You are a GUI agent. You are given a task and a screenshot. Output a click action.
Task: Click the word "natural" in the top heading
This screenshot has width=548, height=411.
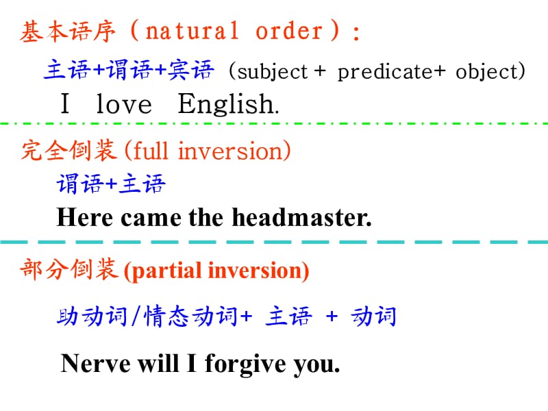pos(192,31)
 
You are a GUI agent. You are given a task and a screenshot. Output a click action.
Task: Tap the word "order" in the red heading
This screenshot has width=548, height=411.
pos(289,31)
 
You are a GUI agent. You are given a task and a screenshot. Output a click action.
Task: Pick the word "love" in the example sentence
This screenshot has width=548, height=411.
pos(124,104)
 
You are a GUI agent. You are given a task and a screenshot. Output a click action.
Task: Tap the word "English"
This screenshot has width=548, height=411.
pos(227,104)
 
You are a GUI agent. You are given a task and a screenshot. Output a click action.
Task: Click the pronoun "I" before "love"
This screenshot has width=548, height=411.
pos(65,103)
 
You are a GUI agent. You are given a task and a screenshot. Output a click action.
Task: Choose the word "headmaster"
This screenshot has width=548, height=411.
pos(301,217)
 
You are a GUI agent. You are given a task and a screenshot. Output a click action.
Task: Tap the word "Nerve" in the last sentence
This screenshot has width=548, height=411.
pos(95,364)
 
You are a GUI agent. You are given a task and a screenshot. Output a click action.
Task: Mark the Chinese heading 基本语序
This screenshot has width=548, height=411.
pos(67,32)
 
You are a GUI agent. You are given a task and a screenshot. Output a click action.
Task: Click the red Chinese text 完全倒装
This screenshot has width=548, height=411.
pos(69,150)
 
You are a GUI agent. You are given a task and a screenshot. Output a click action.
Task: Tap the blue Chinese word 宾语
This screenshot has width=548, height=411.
pos(191,70)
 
